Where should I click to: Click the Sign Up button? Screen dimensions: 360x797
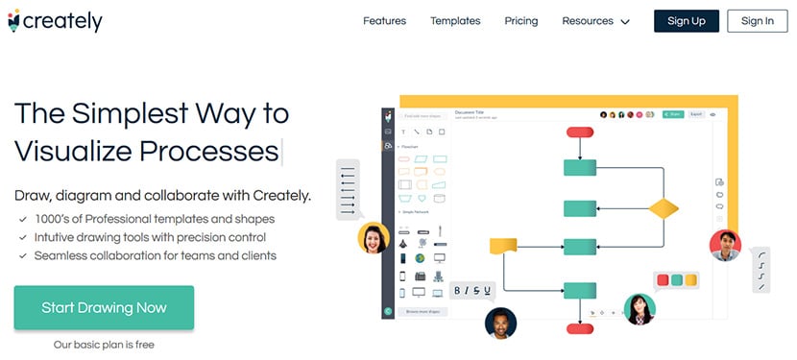[686, 21]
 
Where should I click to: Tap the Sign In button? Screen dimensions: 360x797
[757, 21]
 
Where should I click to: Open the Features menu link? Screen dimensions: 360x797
[384, 21]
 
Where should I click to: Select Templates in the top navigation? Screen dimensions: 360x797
[455, 21]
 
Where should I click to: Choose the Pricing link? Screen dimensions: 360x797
[521, 21]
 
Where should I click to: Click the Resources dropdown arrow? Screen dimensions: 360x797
[625, 22]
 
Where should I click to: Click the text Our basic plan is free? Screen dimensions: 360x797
[104, 344]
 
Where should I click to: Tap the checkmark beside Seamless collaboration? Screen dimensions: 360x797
[22, 256]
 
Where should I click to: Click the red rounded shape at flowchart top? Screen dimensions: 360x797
[580, 132]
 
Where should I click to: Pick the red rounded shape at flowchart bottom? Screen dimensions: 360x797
[580, 328]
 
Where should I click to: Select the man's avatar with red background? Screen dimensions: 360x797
[725, 245]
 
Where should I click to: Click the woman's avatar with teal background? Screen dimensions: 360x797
[640, 308]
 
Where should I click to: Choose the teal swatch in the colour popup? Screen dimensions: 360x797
[677, 281]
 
